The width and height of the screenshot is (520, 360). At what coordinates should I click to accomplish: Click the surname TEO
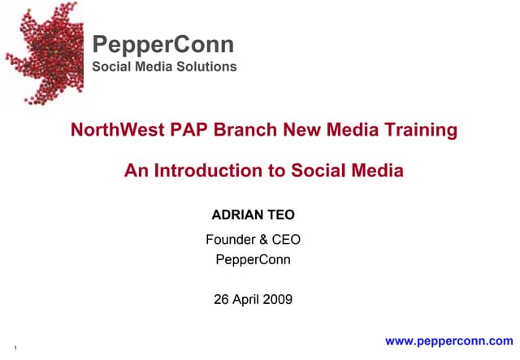click(281, 215)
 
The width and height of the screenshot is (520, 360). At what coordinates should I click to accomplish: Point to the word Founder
click(232, 240)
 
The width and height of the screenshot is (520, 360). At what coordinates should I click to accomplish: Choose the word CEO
click(287, 240)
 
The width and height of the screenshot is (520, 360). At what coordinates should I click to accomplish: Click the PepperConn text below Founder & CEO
click(253, 261)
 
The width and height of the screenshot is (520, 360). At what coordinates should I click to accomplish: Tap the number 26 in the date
click(221, 300)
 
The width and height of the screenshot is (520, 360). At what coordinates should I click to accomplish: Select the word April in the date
click(246, 300)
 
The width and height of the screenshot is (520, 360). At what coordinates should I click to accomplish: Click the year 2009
click(278, 300)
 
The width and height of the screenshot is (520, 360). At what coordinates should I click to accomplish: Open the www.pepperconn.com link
click(449, 341)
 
